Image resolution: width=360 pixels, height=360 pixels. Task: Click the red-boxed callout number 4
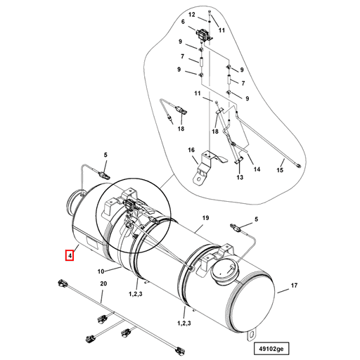[x=70, y=255]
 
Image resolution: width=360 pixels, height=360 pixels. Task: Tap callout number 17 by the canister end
[x=295, y=285]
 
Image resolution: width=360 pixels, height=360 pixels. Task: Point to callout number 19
[x=206, y=219]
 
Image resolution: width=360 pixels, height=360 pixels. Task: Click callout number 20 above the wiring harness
[x=103, y=283]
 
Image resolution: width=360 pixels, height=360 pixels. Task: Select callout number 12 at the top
[x=192, y=14]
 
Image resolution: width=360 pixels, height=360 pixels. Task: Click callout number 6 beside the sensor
[x=184, y=22]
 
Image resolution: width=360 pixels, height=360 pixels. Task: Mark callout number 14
[x=257, y=169]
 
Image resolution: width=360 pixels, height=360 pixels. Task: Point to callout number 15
[x=279, y=170]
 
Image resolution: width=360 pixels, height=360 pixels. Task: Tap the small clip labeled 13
[x=238, y=164]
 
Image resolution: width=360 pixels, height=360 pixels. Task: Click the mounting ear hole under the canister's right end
[x=252, y=334]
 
